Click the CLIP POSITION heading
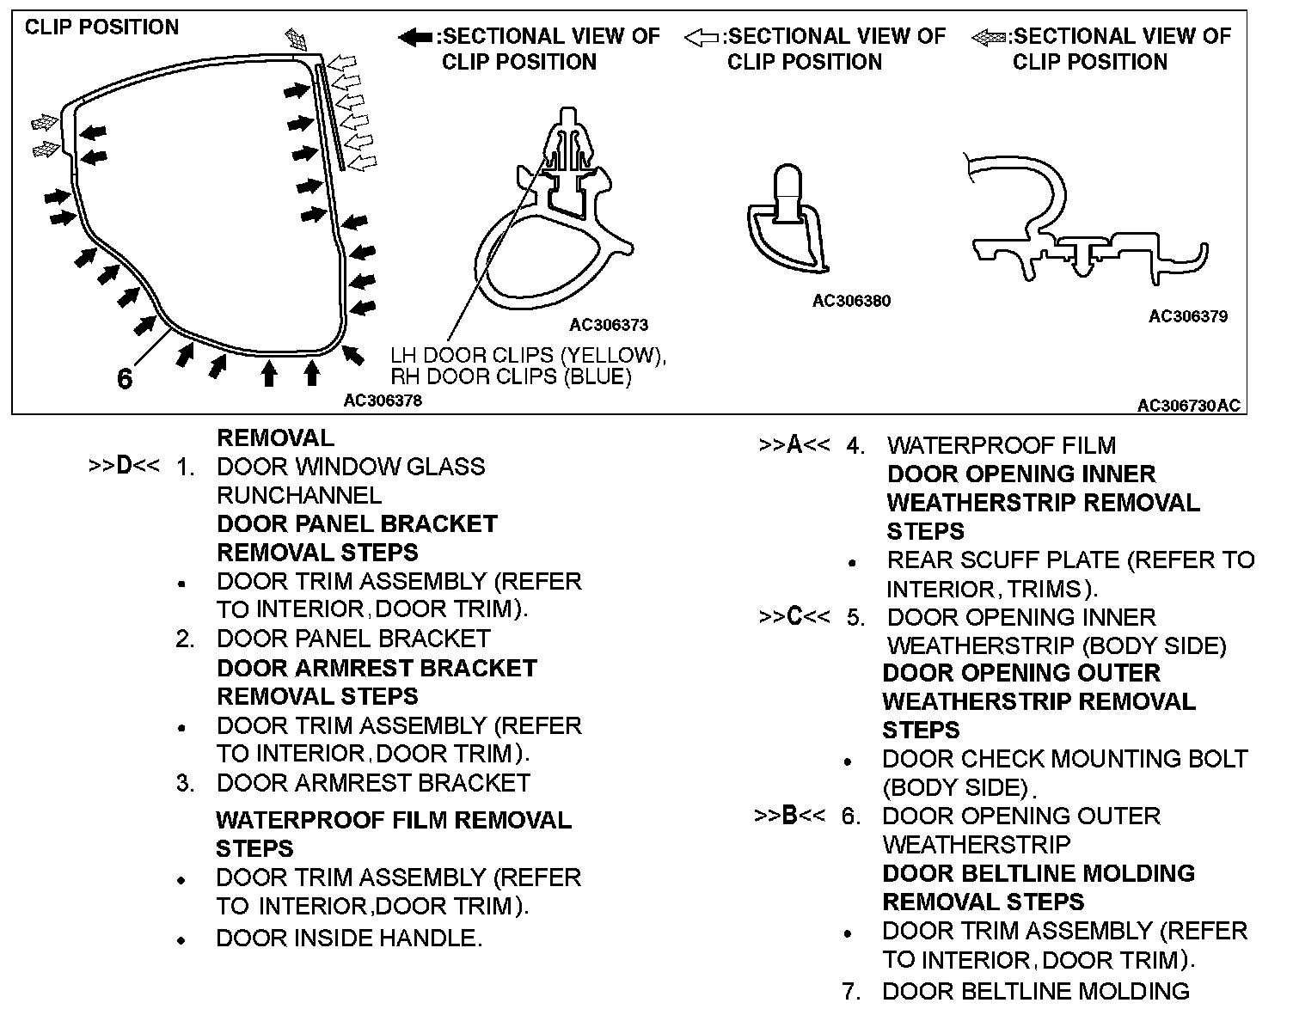101,28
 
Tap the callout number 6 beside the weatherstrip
125,379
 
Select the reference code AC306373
609,325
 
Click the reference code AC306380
851,301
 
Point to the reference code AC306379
1188,316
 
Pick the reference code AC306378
383,401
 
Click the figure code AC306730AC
1189,406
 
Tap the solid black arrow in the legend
415,37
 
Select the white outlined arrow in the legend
701,37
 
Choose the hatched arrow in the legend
988,37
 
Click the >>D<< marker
124,467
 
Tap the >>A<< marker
794,445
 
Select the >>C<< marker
794,617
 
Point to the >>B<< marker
790,816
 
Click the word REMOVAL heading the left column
275,438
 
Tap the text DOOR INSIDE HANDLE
349,939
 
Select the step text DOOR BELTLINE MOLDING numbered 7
1035,991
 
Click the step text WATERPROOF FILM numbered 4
1002,445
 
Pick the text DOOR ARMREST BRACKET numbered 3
373,783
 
